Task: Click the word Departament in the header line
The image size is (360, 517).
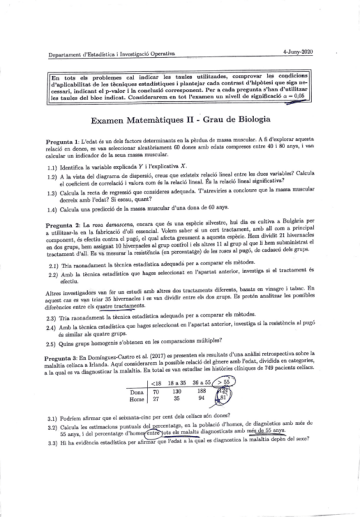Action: pyautogui.click(x=65, y=54)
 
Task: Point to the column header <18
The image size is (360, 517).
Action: pyautogui.click(x=156, y=384)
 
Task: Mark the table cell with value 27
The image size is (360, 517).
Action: pyautogui.click(x=156, y=399)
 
